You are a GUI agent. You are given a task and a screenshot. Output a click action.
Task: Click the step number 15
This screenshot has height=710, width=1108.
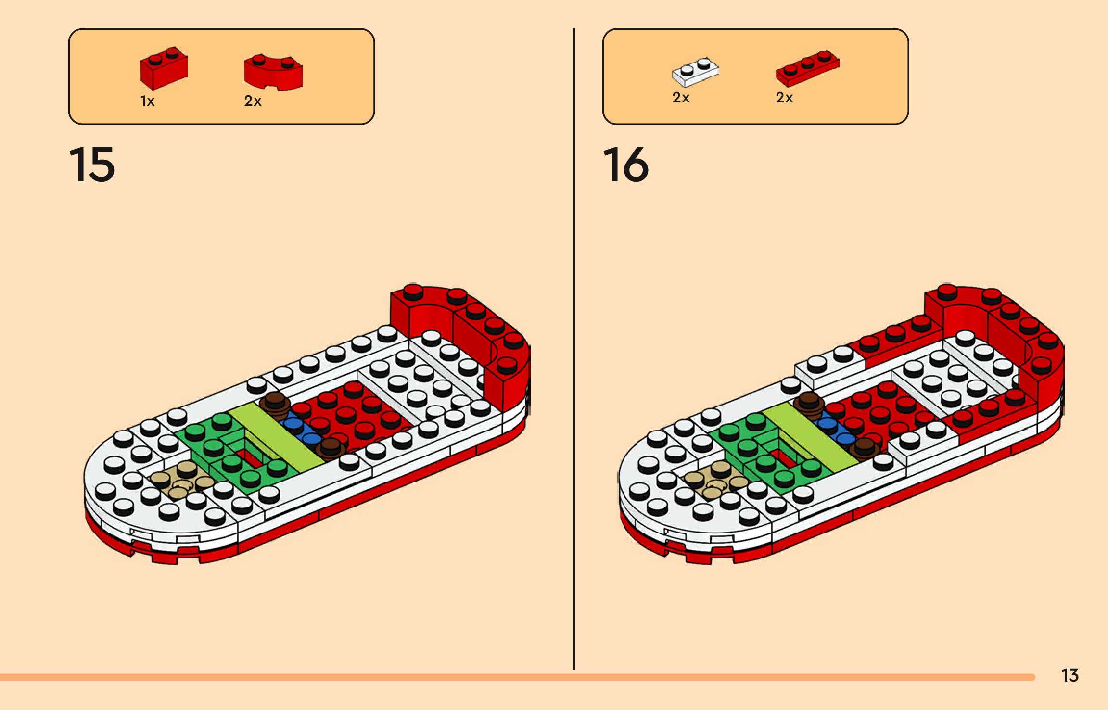[92, 165]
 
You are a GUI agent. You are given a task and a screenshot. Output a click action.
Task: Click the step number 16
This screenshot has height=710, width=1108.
[625, 165]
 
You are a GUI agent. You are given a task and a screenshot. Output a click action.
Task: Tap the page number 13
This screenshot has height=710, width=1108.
[1070, 675]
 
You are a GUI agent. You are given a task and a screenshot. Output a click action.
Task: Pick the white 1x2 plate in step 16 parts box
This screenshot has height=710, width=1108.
[695, 72]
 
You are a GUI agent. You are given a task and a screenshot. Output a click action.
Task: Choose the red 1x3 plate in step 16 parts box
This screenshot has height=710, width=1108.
[807, 68]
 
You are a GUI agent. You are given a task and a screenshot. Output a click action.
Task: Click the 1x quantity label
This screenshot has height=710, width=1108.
[147, 101]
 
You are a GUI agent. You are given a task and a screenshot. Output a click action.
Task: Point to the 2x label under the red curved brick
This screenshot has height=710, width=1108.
[253, 101]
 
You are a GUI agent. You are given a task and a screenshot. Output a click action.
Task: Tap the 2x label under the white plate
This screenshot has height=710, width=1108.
[681, 98]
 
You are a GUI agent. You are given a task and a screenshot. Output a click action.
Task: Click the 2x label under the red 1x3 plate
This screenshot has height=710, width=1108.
[784, 98]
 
